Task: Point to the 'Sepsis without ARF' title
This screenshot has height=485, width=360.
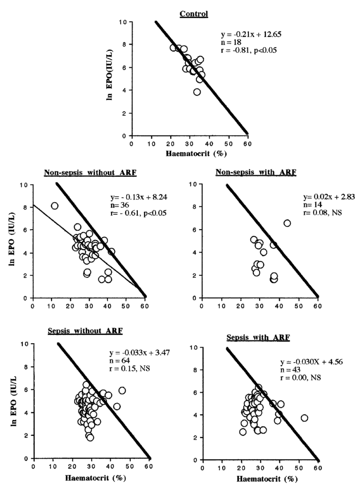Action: point(85,332)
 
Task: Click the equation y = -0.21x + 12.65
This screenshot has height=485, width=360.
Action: point(251,35)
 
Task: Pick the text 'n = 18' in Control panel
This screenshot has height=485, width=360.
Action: point(231,42)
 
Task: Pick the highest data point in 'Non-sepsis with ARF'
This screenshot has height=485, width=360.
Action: point(287,223)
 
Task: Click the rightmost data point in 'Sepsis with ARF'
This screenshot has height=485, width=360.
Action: point(304,418)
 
